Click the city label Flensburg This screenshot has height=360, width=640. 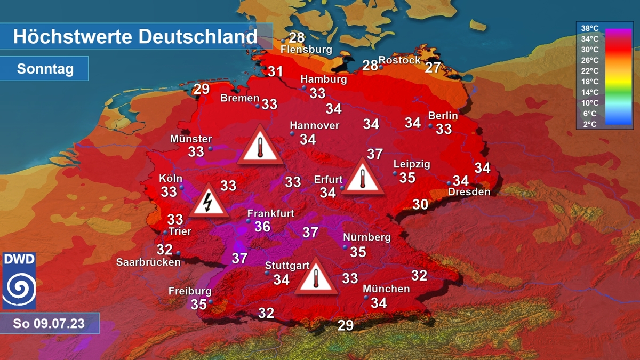tap(306, 50)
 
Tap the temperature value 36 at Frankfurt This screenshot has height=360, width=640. tap(262, 227)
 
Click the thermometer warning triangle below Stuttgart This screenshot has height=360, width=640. tap(317, 277)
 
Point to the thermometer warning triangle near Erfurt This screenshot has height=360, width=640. tap(363, 176)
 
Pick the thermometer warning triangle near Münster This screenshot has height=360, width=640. tap(260, 145)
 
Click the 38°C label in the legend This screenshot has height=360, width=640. tap(589, 28)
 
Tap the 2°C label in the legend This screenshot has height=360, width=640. tap(589, 124)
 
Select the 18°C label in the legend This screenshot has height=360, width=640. tap(589, 82)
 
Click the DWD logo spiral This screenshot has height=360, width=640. tap(19, 287)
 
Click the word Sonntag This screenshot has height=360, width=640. tap(45, 69)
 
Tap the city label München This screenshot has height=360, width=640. tap(386, 289)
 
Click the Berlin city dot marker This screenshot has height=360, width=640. tap(430, 126)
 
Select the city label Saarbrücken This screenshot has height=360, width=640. tap(148, 262)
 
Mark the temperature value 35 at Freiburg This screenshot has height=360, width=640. tap(198, 305)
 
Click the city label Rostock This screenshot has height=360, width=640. tap(399, 60)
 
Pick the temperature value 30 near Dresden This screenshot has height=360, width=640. tap(420, 204)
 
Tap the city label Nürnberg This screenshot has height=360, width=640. tap(367, 237)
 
